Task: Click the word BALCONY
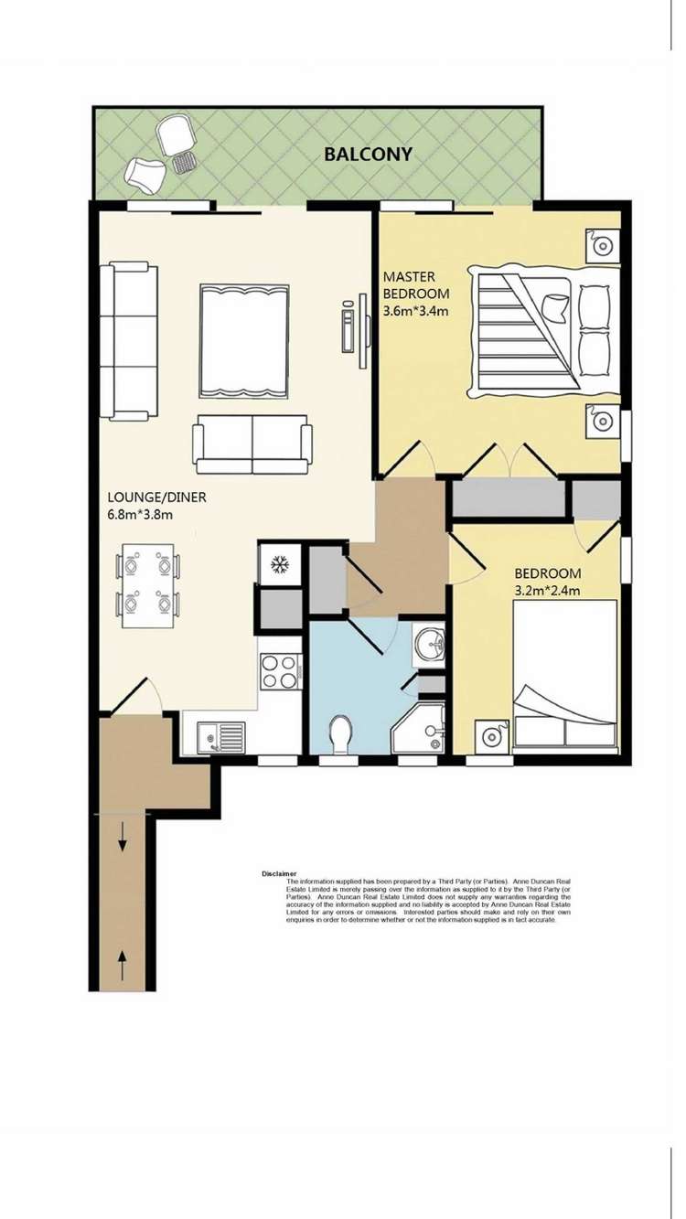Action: pos(368,154)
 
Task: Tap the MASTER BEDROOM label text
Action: pos(415,284)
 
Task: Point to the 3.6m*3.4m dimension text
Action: pos(415,311)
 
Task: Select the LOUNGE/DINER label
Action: pos(156,497)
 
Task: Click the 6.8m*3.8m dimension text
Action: pos(140,515)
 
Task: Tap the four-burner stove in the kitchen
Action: pos(280,672)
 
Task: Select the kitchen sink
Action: pos(220,735)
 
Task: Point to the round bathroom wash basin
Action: pos(428,645)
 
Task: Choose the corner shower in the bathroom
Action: pos(420,729)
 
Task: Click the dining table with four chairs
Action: pos(147,585)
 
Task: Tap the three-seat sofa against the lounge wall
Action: pos(128,340)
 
